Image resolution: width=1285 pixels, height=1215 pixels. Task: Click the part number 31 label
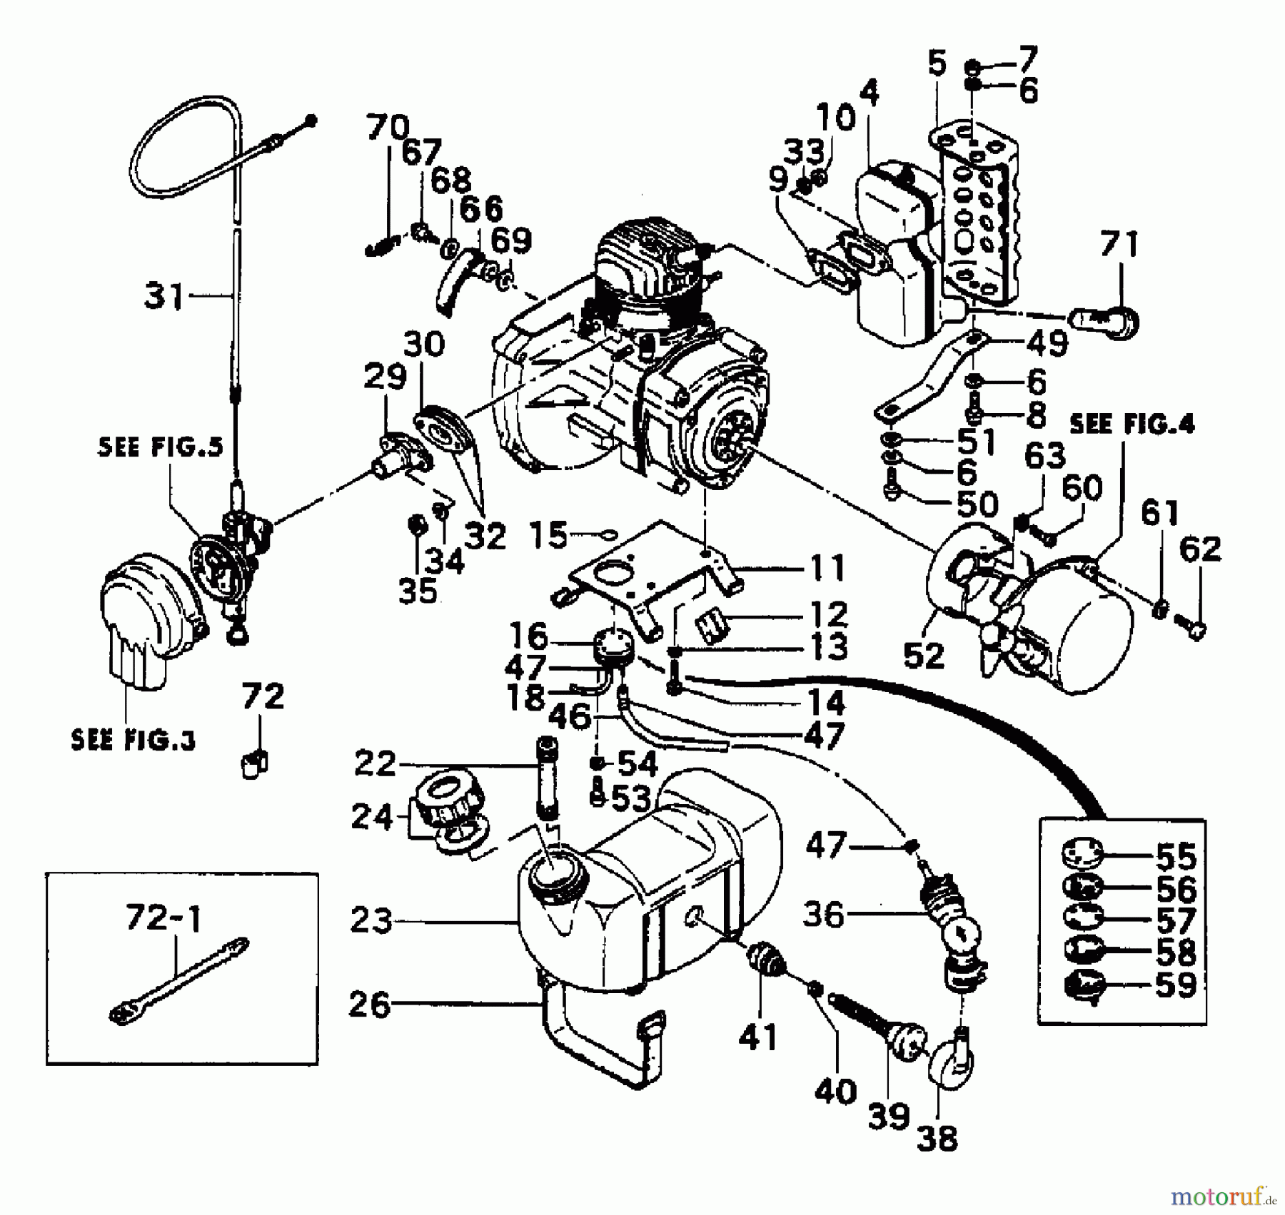coord(163,295)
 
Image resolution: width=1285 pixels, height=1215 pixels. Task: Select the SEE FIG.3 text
coord(133,740)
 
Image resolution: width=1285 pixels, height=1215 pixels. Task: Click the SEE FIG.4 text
coord(1132,425)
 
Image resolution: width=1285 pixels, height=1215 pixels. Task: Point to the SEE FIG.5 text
coord(160,447)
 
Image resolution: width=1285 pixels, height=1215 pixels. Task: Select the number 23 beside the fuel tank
coord(372,921)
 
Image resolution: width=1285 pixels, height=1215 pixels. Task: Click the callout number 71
coord(1119,244)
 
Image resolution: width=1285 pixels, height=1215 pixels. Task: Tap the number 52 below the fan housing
coord(924,655)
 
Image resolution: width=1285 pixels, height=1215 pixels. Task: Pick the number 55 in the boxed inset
coord(1176,855)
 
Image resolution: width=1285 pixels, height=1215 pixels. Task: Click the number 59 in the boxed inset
coord(1176,985)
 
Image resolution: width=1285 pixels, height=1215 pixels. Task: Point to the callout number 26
coord(370,1005)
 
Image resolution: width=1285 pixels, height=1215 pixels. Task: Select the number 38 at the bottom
coord(937,1138)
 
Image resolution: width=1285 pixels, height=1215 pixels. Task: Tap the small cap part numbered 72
coord(253,765)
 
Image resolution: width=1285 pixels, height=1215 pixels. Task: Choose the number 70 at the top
coord(388,128)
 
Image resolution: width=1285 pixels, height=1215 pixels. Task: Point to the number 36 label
coord(823,915)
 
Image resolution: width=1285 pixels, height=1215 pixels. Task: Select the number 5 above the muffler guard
coord(937,63)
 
